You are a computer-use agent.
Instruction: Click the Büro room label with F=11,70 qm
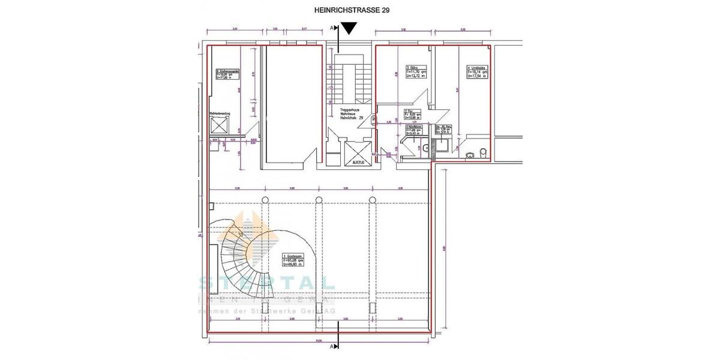416,72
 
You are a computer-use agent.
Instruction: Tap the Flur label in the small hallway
412,114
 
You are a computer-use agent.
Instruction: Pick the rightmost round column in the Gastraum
372,200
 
